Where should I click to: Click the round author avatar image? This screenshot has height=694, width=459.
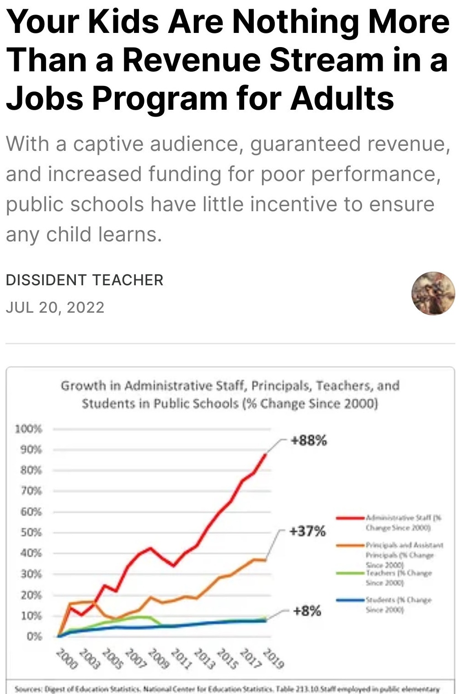433,294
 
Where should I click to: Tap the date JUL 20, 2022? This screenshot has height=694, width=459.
55,307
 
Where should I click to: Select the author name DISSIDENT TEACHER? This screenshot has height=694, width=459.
85,280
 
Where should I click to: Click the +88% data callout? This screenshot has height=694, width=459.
309,441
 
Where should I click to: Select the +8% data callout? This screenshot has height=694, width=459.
307,611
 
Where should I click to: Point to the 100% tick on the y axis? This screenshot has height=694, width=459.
29,429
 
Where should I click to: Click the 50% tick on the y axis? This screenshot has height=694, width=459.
31,533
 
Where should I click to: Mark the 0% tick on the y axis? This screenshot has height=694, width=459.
34,636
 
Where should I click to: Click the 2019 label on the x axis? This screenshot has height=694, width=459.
273,658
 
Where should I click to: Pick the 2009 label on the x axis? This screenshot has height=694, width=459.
159,658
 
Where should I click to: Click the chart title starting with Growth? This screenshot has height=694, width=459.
230,395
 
